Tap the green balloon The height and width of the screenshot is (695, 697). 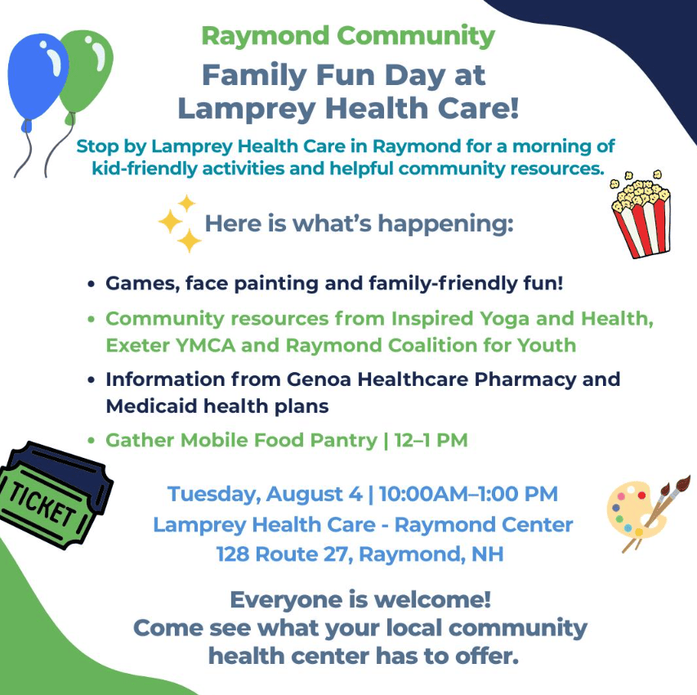89,71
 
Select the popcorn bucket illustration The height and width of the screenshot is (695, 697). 641,214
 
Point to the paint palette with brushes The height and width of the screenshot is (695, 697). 645,512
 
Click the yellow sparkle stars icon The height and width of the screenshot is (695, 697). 180,223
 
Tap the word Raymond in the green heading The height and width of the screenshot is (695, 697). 266,36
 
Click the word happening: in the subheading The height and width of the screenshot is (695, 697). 445,224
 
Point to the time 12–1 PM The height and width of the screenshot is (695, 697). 431,440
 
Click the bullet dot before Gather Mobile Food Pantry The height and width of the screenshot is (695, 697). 92,441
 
